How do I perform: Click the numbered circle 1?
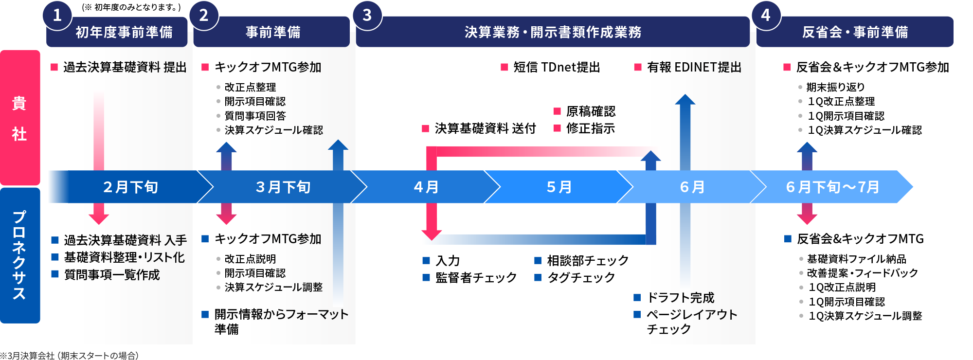click(57, 15)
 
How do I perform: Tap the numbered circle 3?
click(367, 15)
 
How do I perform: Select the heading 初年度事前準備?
click(124, 32)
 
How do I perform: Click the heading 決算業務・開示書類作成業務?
click(553, 32)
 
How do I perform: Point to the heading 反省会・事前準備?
click(855, 32)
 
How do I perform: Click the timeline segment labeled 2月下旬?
click(130, 187)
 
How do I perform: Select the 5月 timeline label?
click(559, 187)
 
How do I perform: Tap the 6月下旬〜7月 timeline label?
click(832, 187)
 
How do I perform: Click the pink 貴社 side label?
click(19, 118)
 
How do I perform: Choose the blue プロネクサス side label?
click(19, 255)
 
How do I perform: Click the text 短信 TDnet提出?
click(557, 67)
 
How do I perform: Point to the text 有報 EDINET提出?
click(694, 67)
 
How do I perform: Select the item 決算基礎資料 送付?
click(485, 128)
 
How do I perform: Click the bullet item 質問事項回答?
click(255, 116)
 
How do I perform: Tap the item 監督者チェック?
click(476, 277)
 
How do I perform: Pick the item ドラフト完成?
click(680, 297)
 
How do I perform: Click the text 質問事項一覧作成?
click(112, 275)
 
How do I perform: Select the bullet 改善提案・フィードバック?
click(862, 273)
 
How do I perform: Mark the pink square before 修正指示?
click(558, 128)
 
